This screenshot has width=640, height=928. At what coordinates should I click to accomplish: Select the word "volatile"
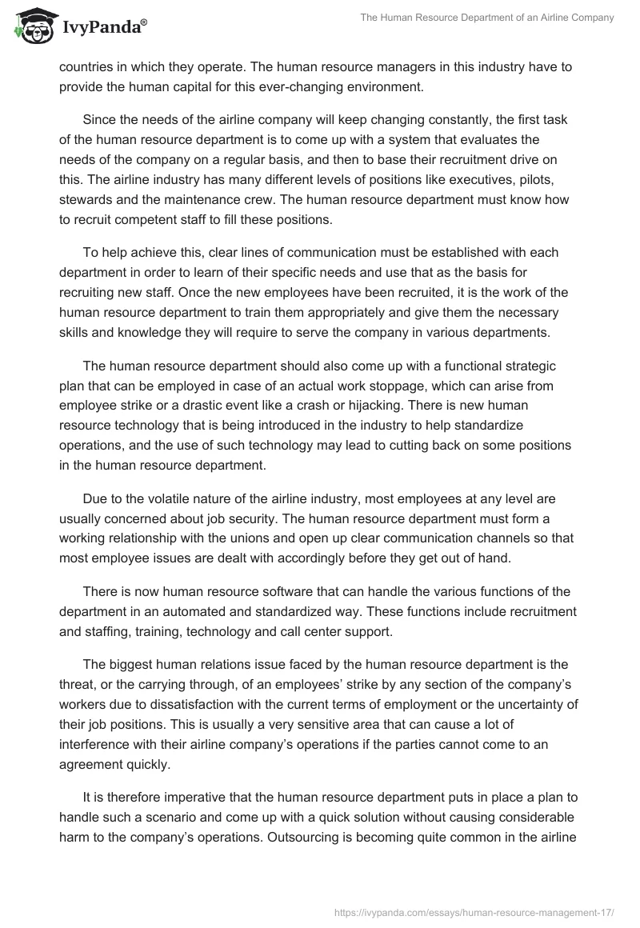click(x=157, y=499)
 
